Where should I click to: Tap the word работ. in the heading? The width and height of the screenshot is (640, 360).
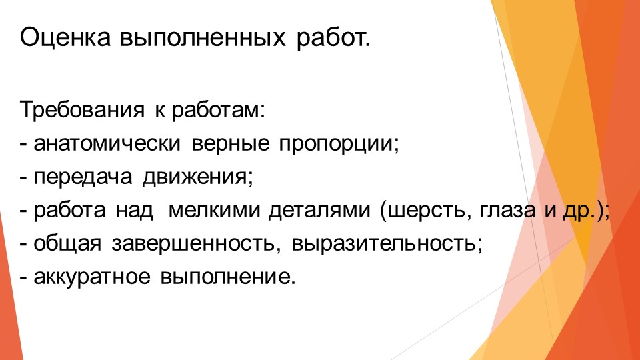[332, 39]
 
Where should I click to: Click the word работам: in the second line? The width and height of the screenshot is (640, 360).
[219, 110]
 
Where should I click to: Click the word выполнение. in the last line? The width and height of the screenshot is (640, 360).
[226, 275]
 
